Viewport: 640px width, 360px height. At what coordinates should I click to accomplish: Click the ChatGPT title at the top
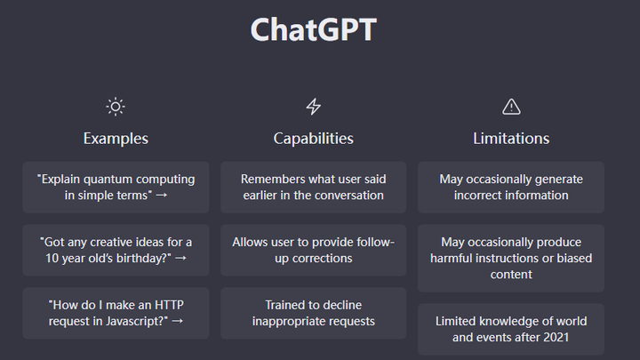[x=313, y=29]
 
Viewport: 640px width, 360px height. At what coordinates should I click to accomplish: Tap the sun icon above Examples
[x=116, y=107]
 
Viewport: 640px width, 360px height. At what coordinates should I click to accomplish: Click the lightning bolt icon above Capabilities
[x=313, y=107]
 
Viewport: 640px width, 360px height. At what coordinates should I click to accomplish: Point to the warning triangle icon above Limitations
[x=511, y=107]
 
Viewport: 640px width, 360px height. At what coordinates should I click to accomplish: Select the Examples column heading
[x=116, y=139]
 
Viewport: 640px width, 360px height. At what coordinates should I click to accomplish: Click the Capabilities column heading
[x=313, y=139]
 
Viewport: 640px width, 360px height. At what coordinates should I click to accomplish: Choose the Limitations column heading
[x=511, y=139]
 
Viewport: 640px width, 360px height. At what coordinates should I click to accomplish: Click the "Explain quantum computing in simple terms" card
[x=116, y=187]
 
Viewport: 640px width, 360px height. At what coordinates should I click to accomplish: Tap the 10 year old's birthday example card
[x=116, y=250]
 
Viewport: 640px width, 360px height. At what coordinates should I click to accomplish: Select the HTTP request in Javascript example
[x=116, y=313]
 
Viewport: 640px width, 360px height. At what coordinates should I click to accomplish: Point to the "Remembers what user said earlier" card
[x=313, y=187]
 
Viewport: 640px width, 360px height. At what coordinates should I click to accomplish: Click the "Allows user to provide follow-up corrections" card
[x=313, y=250]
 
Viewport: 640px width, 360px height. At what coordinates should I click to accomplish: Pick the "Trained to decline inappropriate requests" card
[x=313, y=313]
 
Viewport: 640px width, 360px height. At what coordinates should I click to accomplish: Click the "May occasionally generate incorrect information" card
[x=511, y=187]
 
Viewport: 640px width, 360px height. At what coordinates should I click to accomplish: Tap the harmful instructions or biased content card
[x=511, y=258]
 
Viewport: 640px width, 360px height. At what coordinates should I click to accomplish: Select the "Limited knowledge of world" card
[x=511, y=329]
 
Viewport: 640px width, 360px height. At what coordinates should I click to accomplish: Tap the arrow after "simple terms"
[x=161, y=196]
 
